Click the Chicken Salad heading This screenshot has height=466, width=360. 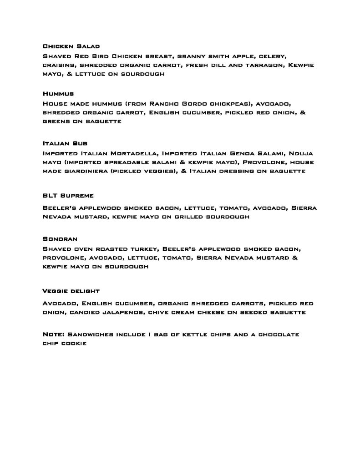[71, 46]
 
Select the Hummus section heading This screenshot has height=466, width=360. [58, 94]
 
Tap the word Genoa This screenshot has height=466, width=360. [244, 152]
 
